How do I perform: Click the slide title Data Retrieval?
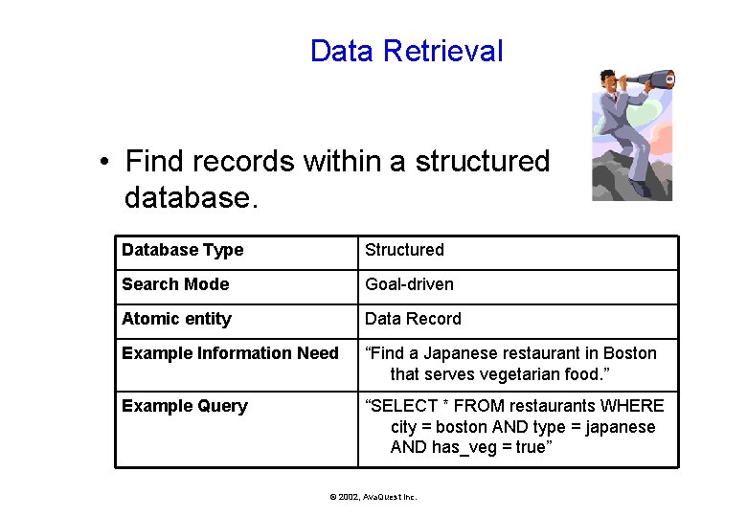coord(406,51)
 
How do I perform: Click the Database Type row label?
coord(182,250)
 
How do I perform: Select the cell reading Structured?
coord(404,250)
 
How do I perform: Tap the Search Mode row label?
coord(175,284)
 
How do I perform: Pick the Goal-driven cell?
coord(409,284)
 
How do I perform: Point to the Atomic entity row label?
coord(176,319)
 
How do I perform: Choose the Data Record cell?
coord(413,319)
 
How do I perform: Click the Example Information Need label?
coord(230,353)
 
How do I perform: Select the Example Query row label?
coord(184,406)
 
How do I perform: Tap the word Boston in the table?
coord(629,353)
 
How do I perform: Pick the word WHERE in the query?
coord(633,406)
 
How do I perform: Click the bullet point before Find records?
coord(103,162)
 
